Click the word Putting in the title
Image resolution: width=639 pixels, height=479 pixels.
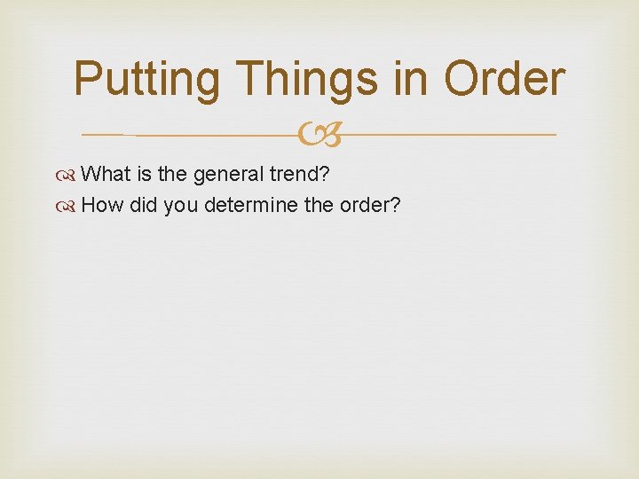click(x=146, y=80)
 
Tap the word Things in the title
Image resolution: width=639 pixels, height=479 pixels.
click(x=304, y=80)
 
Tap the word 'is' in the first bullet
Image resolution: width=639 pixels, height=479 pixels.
click(x=144, y=174)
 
